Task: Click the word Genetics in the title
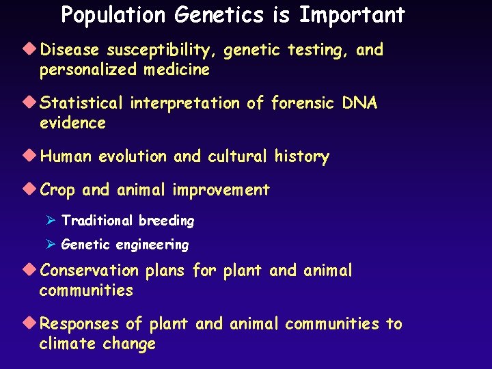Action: (x=212, y=15)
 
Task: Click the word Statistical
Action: (x=83, y=104)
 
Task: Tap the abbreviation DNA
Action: (x=359, y=104)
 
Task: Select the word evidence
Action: (x=72, y=124)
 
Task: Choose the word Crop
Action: (x=57, y=191)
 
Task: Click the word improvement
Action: (x=221, y=191)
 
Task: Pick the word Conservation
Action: (x=90, y=271)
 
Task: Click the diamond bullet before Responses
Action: (x=33, y=323)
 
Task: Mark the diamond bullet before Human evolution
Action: (x=33, y=156)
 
